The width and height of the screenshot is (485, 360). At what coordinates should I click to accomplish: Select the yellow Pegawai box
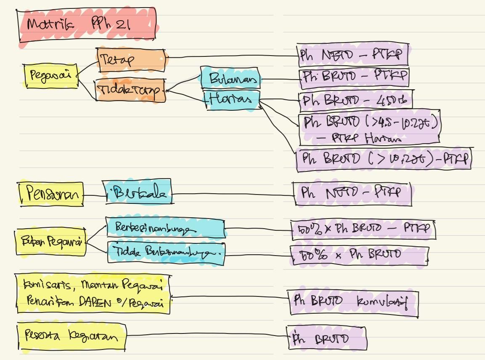51,76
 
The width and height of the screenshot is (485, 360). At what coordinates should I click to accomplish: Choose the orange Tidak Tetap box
130,90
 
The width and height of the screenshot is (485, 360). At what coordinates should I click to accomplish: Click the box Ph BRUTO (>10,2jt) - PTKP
384,160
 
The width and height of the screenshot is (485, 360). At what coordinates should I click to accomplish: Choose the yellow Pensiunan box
51,195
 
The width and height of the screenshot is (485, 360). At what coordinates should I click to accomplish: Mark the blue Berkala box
137,193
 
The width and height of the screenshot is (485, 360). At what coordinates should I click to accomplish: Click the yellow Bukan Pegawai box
50,242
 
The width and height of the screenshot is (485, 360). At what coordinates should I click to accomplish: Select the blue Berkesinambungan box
165,229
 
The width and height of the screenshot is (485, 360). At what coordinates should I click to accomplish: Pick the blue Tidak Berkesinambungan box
166,252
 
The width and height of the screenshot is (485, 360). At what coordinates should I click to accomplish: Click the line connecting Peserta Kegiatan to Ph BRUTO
206,336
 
